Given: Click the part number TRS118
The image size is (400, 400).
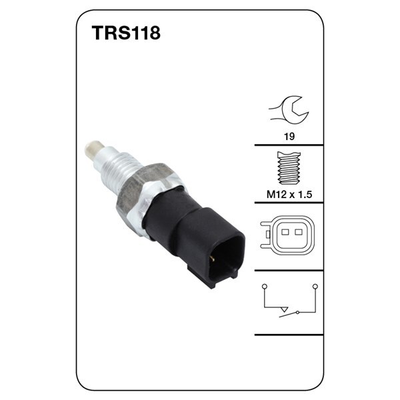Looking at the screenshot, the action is [x=126, y=33].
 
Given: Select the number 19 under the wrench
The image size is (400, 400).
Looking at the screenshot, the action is [x=289, y=137].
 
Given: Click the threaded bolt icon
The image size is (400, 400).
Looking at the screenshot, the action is [x=289, y=168].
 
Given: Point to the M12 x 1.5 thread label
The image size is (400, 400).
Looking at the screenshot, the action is [x=289, y=195].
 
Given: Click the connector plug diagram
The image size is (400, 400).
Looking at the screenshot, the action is [x=287, y=235].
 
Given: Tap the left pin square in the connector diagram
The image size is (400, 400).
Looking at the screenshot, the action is [x=285, y=232].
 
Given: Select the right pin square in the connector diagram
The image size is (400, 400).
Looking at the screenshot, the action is [x=299, y=232].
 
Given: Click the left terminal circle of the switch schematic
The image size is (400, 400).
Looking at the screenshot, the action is [x=265, y=286].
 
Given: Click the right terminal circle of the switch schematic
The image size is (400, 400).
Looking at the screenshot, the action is [x=315, y=286].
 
